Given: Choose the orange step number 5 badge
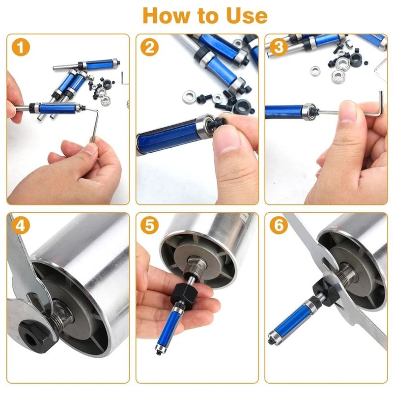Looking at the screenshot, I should [x=149, y=225].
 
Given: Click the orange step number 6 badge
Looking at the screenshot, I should [x=279, y=225].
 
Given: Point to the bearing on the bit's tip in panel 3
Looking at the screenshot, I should [x=308, y=112].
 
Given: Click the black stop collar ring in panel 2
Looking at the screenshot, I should [x=242, y=106].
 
